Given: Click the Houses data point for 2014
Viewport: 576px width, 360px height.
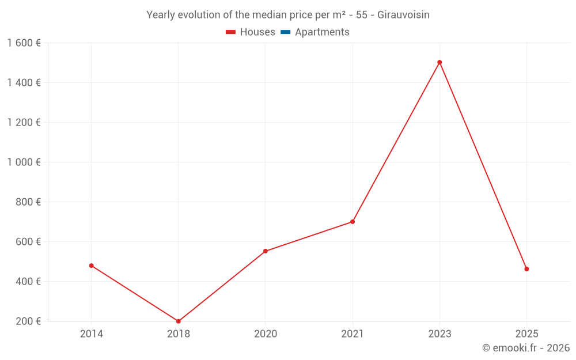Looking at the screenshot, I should [92, 266].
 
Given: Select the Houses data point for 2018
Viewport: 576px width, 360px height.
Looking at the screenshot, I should [179, 321].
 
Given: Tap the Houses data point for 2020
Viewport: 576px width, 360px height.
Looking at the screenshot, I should [266, 251].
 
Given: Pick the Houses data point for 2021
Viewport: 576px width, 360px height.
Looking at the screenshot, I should [353, 222].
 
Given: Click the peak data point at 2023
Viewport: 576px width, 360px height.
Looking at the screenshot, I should [439, 62].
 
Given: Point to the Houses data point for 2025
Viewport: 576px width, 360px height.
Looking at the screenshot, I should [526, 269].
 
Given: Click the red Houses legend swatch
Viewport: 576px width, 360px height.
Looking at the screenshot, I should [231, 32].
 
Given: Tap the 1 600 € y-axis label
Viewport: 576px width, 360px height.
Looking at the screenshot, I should [24, 43].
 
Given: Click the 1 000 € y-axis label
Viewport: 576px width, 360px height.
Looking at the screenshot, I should [24, 162].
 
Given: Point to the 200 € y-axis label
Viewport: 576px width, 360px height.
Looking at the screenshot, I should [27, 321].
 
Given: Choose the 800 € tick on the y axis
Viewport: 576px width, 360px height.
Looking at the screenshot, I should [27, 202].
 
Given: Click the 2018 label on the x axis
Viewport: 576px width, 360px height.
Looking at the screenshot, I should [179, 334].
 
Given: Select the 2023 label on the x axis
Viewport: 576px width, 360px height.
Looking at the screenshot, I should [439, 334].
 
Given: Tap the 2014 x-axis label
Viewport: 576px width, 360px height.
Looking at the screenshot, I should [92, 334].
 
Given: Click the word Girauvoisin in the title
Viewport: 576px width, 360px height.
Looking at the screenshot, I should [403, 15].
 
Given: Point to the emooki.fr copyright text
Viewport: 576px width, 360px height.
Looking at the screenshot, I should [526, 348].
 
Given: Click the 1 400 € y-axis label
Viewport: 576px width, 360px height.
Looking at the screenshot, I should [24, 82].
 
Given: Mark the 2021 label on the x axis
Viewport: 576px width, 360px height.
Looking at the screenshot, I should [353, 334].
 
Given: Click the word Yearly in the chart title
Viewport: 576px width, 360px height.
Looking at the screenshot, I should [160, 15].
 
